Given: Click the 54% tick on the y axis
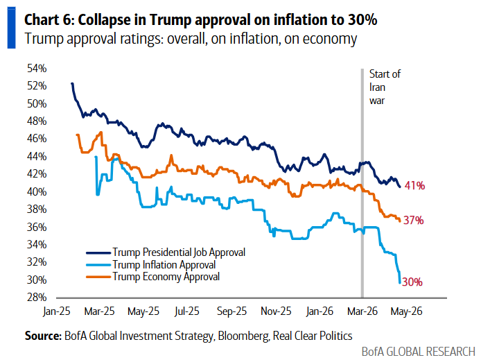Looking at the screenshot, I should pyautogui.click(x=37, y=68).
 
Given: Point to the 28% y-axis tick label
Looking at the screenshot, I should pyautogui.click(x=37, y=298).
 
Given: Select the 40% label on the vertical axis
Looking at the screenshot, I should pyautogui.click(x=37, y=191).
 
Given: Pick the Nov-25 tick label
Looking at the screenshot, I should pyautogui.click(x=276, y=312).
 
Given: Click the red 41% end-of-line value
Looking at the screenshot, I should pyautogui.click(x=415, y=186).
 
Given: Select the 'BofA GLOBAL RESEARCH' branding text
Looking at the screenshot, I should pyautogui.click(x=418, y=352).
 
